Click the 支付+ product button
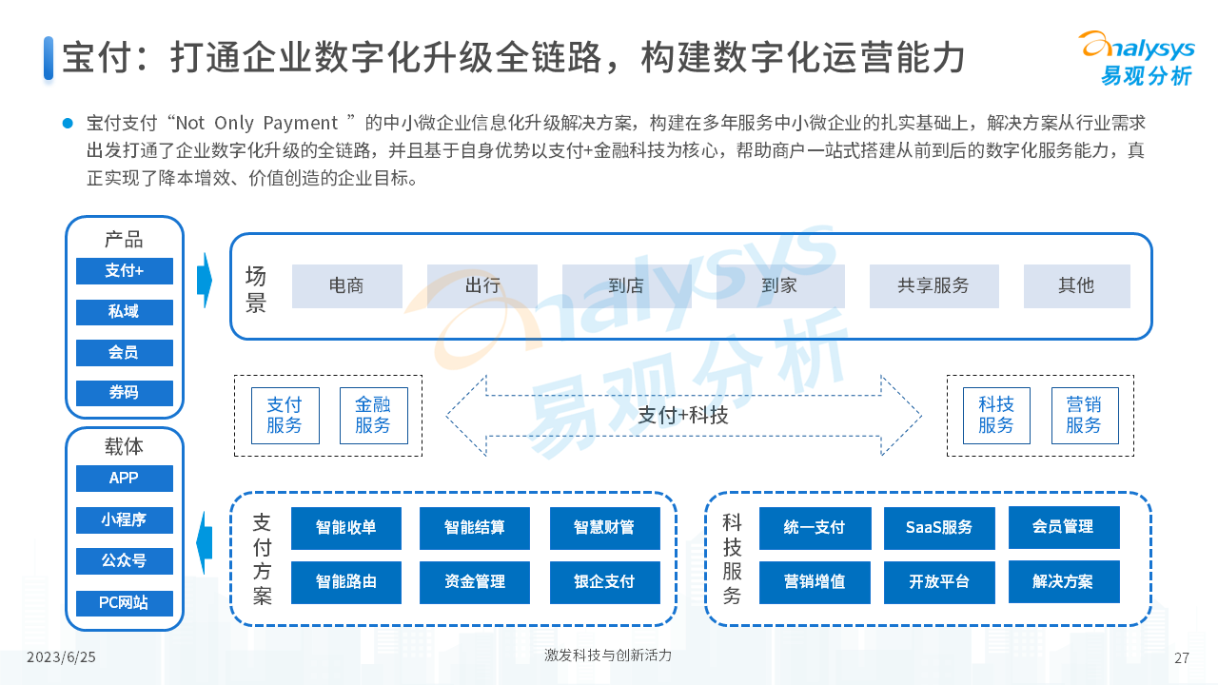[125, 271]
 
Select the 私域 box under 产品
[125, 312]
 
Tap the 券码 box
[125, 393]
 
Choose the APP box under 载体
[125, 478]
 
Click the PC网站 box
[125, 603]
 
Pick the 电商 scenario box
[347, 286]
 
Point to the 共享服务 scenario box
[933, 286]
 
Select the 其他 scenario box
[1076, 286]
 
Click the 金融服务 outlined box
[374, 416]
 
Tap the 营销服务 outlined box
[1085, 416]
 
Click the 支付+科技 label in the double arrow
[683, 416]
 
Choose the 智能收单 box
[345, 528]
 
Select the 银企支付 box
[604, 582]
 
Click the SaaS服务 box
[939, 528]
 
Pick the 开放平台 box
[939, 582]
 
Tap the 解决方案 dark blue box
[1064, 581]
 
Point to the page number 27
[1182, 657]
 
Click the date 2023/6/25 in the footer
[61, 657]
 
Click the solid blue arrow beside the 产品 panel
[205, 281]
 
